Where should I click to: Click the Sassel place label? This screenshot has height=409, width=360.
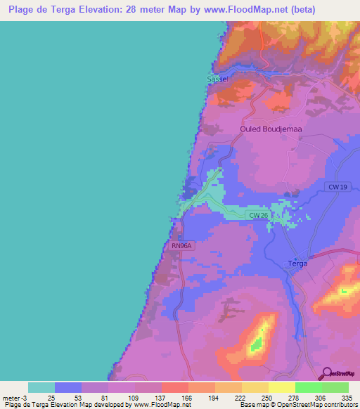click(x=217, y=79)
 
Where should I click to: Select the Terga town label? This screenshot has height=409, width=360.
click(x=298, y=263)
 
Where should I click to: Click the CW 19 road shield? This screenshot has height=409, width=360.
click(x=337, y=187)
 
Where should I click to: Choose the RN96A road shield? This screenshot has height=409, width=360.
click(x=181, y=246)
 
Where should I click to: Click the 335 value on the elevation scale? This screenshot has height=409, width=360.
click(x=347, y=397)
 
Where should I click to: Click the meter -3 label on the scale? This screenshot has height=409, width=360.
click(x=14, y=397)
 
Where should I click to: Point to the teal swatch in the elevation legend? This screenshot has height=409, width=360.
click(x=41, y=387)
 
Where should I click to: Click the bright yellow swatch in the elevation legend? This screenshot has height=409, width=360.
click(x=281, y=387)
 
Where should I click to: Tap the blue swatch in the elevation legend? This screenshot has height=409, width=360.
click(x=68, y=387)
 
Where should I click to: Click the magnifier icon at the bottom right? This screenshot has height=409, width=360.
click(x=326, y=373)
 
